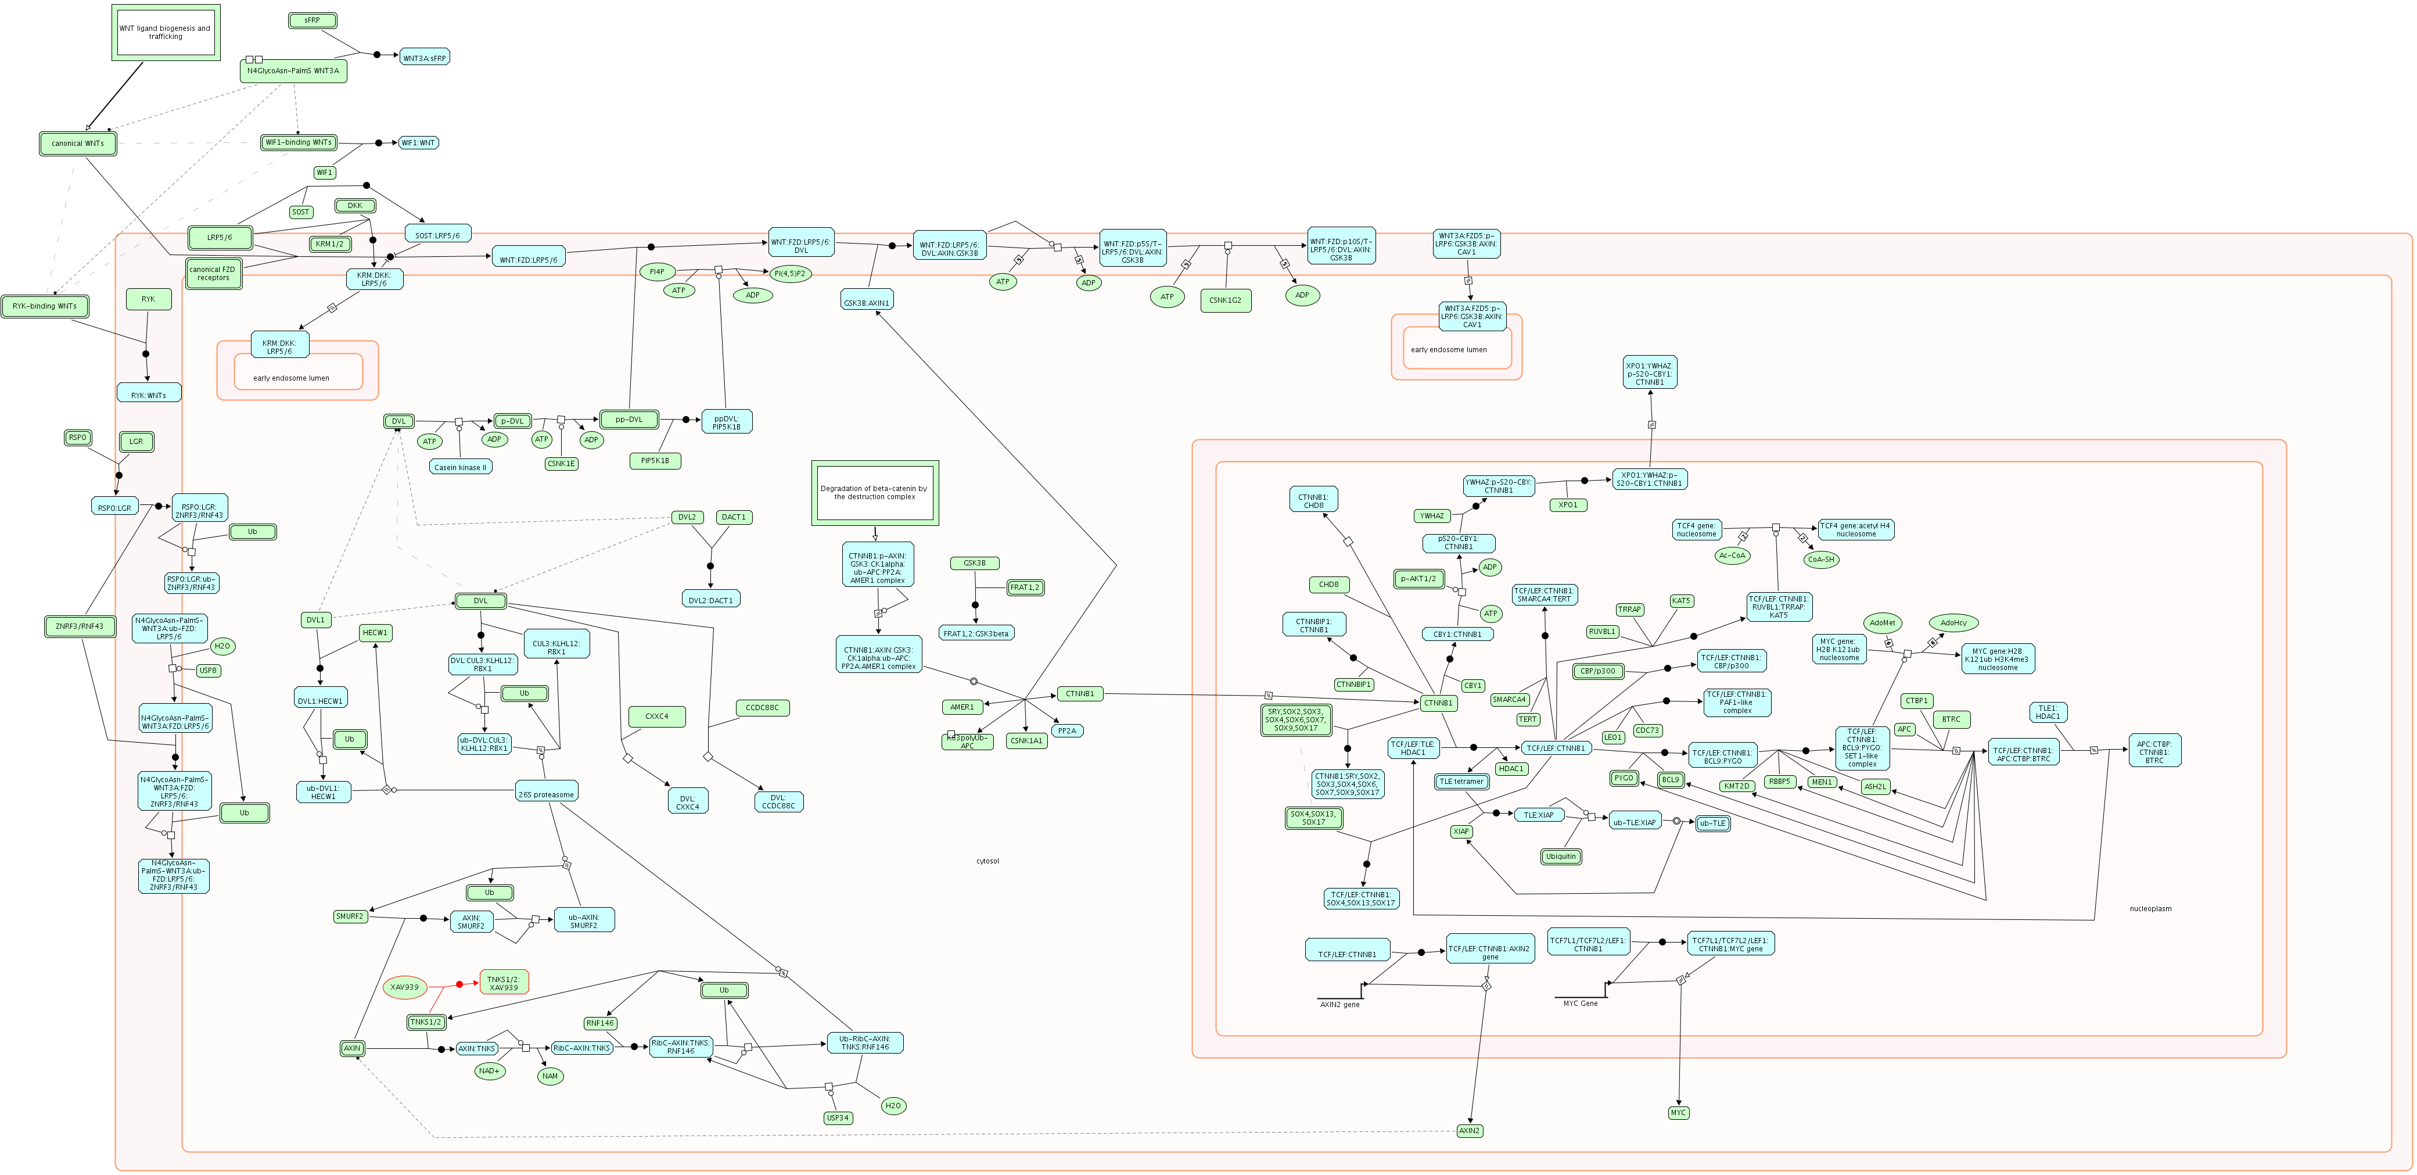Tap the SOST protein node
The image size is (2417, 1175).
pyautogui.click(x=300, y=212)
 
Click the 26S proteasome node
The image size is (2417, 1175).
pyautogui.click(x=546, y=794)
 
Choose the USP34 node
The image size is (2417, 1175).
pyautogui.click(x=838, y=1117)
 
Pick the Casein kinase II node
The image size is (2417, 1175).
pyautogui.click(x=459, y=467)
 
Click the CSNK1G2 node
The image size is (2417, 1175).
pyautogui.click(x=1226, y=300)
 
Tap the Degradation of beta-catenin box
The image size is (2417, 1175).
pyautogui.click(x=874, y=493)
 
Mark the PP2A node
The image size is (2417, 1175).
pyautogui.click(x=1067, y=730)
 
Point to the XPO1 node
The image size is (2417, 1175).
pyautogui.click(x=1568, y=505)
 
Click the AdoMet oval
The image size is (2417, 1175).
pyautogui.click(x=1882, y=622)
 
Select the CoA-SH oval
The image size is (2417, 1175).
pyautogui.click(x=1820, y=560)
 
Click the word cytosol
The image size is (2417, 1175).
pyautogui.click(x=987, y=861)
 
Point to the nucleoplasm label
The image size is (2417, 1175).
pyautogui.click(x=2150, y=908)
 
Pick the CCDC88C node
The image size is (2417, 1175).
pyautogui.click(x=762, y=708)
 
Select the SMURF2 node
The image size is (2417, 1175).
pyautogui.click(x=349, y=916)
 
